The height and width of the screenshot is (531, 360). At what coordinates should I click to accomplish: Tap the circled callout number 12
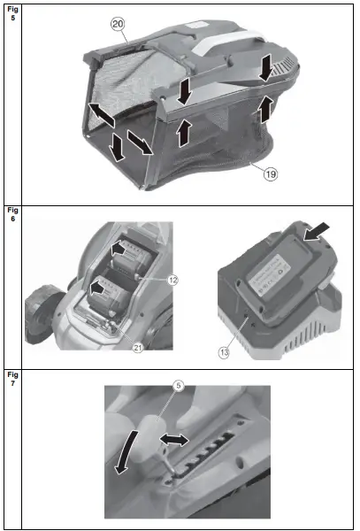(172, 280)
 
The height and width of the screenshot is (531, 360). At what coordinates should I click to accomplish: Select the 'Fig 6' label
(11, 215)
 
